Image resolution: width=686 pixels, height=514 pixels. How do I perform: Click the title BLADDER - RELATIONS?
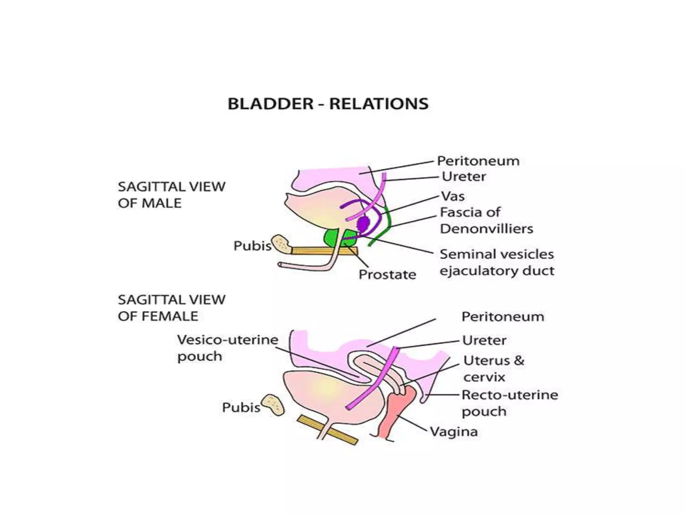click(328, 104)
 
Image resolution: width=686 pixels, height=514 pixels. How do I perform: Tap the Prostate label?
click(387, 275)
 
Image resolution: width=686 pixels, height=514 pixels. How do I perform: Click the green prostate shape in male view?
click(332, 238)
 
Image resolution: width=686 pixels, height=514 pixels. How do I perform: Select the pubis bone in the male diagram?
click(282, 244)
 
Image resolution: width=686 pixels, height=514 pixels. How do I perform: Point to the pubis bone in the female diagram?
click(273, 405)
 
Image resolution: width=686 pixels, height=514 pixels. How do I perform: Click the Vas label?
click(453, 196)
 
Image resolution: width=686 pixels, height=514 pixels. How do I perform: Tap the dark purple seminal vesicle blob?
click(362, 224)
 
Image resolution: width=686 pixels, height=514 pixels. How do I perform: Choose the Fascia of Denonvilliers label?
click(486, 221)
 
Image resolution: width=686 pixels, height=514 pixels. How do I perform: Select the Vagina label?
click(454, 432)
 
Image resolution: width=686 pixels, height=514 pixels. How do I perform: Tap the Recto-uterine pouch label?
click(509, 403)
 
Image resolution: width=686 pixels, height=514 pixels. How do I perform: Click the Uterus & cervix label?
click(493, 369)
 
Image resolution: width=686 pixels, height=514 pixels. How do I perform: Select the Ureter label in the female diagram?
click(484, 341)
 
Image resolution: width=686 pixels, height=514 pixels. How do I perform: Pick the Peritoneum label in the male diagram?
click(478, 161)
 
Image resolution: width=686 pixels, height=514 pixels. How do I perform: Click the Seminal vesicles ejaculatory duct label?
click(497, 262)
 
